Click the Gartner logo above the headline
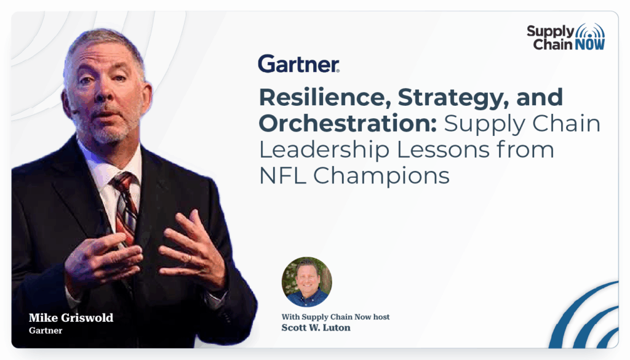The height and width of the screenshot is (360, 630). click(x=298, y=64)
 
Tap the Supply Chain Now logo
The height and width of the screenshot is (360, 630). click(x=566, y=37)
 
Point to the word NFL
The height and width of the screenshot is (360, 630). click(x=282, y=176)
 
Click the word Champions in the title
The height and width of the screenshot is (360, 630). click(x=381, y=177)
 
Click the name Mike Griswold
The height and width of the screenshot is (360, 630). click(x=71, y=318)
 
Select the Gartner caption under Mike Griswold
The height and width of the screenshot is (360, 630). click(x=46, y=330)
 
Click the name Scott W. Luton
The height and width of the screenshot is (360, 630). click(x=316, y=328)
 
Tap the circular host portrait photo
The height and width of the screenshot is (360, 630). click(x=306, y=282)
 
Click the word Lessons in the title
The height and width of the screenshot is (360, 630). click(x=443, y=150)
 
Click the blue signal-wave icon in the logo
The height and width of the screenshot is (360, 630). click(x=590, y=31)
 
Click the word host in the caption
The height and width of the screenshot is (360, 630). click(x=381, y=317)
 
